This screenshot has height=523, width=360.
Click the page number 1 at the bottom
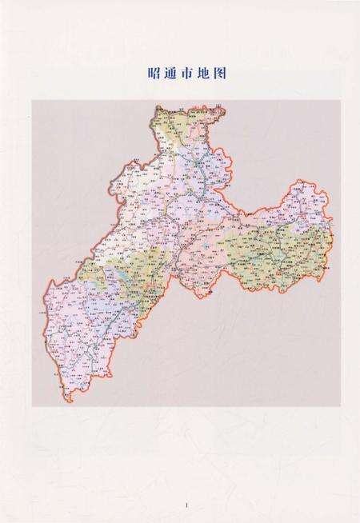click(186, 505)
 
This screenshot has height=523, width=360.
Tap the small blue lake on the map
click(121, 275)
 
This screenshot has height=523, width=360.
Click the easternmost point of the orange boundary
click(333, 232)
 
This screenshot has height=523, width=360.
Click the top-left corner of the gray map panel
click(32, 101)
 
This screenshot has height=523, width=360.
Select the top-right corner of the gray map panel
click(340, 101)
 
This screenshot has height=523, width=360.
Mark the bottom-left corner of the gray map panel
click(32, 406)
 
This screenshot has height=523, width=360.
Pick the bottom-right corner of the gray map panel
click(340, 406)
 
